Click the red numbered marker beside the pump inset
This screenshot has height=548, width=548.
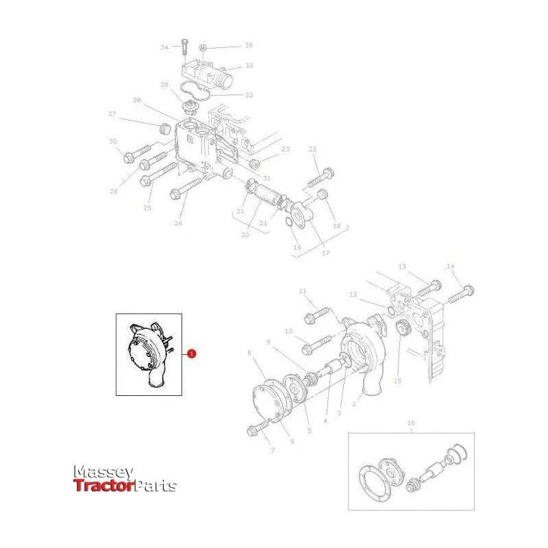pyautogui.click(x=192, y=353)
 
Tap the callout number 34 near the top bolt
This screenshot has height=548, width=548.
pyautogui.click(x=164, y=47)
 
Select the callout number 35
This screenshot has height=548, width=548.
pyautogui.click(x=249, y=45)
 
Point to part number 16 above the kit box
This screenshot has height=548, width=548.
pyautogui.click(x=411, y=423)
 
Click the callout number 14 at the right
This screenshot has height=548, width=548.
pyautogui.click(x=450, y=266)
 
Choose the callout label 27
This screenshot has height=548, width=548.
pyautogui.click(x=112, y=114)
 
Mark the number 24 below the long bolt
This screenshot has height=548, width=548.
pyautogui.click(x=178, y=223)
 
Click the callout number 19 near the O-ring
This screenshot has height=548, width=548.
pyautogui.click(x=297, y=247)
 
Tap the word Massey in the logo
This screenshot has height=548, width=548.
pyautogui.click(x=103, y=472)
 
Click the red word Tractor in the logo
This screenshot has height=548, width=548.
pyautogui.click(x=104, y=486)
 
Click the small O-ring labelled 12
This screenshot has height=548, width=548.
pyautogui.click(x=390, y=310)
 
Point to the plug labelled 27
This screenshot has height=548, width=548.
pyautogui.click(x=164, y=129)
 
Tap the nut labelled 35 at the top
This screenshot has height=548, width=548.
pyautogui.click(x=203, y=47)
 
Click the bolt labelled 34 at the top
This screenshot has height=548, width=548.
pyautogui.click(x=184, y=48)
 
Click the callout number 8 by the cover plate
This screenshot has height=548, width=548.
pyautogui.click(x=249, y=353)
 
